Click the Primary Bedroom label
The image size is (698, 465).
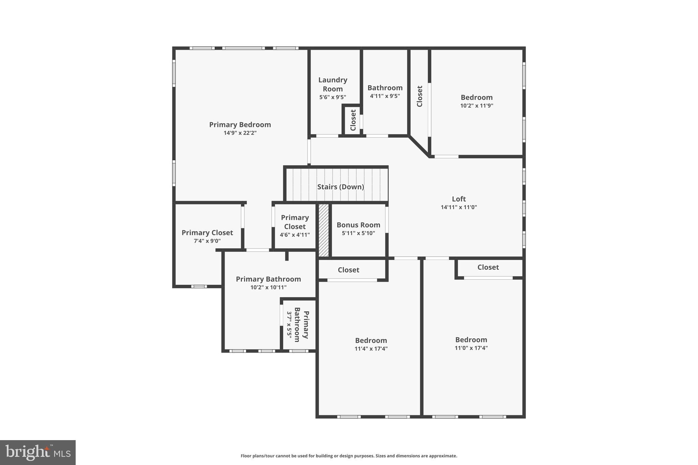click(240, 125)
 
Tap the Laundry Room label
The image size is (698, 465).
click(333, 84)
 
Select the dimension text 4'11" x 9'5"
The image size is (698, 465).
click(385, 96)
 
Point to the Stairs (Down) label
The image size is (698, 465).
click(340, 187)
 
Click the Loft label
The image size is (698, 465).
click(459, 199)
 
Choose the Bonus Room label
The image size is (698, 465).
click(358, 225)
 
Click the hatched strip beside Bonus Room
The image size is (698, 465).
click(323, 230)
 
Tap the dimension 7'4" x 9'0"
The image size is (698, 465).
click(207, 241)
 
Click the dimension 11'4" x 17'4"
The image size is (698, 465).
click(371, 348)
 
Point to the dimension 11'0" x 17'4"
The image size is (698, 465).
click(471, 348)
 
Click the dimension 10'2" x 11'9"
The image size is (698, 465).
click(476, 106)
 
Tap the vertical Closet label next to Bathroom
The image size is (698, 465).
click(420, 96)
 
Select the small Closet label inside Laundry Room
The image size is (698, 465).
click(353, 120)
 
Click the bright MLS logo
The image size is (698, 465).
click(38, 452)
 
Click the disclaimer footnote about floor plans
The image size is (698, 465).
click(349, 456)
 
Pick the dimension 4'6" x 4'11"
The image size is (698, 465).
click(295, 235)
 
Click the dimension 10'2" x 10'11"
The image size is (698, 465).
click(268, 287)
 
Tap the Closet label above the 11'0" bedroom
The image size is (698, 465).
click(488, 267)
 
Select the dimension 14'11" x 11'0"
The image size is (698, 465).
click(459, 207)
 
